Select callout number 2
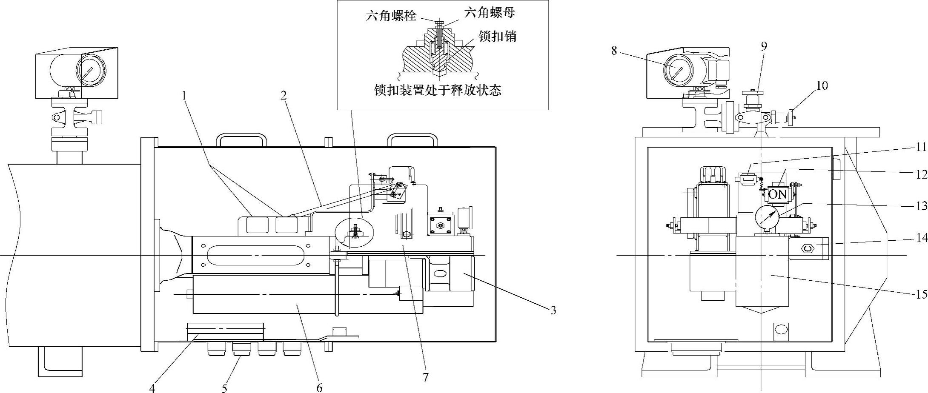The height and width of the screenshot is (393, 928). [x=284, y=95]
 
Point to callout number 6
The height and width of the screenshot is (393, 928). [x=319, y=387]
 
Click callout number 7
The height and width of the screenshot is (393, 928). [x=426, y=377]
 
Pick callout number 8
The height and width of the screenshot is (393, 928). [x=614, y=51]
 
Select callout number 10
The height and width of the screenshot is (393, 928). [x=822, y=85]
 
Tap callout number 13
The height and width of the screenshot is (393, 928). [x=922, y=207]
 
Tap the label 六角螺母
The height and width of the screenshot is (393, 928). [x=490, y=13]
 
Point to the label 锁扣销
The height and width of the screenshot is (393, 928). [x=498, y=37]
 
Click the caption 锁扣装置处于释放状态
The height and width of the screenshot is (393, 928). [x=438, y=90]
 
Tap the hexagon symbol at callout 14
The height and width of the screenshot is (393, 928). [x=806, y=248]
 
